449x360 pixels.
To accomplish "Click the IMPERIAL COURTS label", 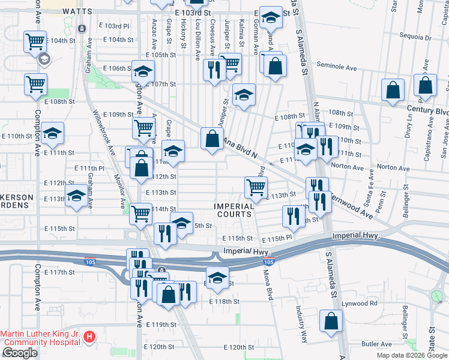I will tap(234, 211).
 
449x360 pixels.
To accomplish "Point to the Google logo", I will tap(20, 353).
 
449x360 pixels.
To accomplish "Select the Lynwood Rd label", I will tap(361, 303).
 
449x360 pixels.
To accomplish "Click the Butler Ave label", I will tap(376, 344).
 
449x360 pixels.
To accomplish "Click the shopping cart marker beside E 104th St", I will tap(35, 42).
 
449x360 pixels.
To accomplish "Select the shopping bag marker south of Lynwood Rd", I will tap(331, 321).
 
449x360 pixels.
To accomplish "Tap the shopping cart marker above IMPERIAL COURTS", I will tap(256, 187).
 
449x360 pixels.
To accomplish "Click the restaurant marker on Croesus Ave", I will tap(214, 70).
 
